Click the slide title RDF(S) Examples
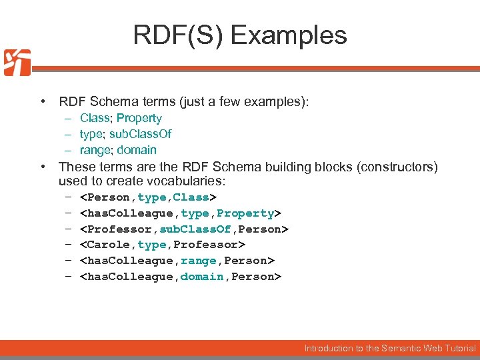(x=240, y=35)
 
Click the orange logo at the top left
(x=17, y=63)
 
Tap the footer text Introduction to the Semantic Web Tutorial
(x=390, y=348)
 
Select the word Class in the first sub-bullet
(x=95, y=118)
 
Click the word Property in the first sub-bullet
(x=139, y=118)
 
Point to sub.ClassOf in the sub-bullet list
(x=144, y=134)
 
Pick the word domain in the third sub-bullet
(x=137, y=150)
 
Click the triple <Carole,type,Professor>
(x=162, y=245)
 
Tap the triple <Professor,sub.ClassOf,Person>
(x=183, y=229)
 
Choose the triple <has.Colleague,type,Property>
(x=180, y=213)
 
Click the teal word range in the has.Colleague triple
(x=199, y=261)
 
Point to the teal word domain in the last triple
(x=202, y=277)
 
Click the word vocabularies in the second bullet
(x=189, y=181)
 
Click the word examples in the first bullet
(x=277, y=102)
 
